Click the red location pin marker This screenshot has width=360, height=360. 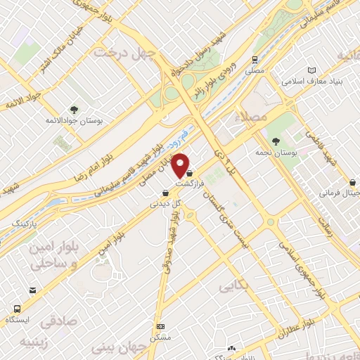coord(182,165)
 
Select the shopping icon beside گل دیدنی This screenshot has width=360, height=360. coord(165,192)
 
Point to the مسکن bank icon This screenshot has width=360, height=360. coord(160,327)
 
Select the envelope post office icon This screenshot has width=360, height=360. coord(32,290)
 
